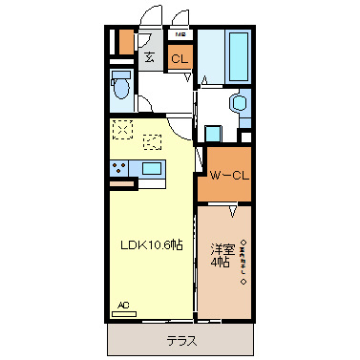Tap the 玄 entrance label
150,57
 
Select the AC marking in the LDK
122,306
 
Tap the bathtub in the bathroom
237,57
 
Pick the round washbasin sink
239,104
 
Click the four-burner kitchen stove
122,169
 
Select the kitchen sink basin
152,169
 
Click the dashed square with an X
123,129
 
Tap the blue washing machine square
213,136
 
